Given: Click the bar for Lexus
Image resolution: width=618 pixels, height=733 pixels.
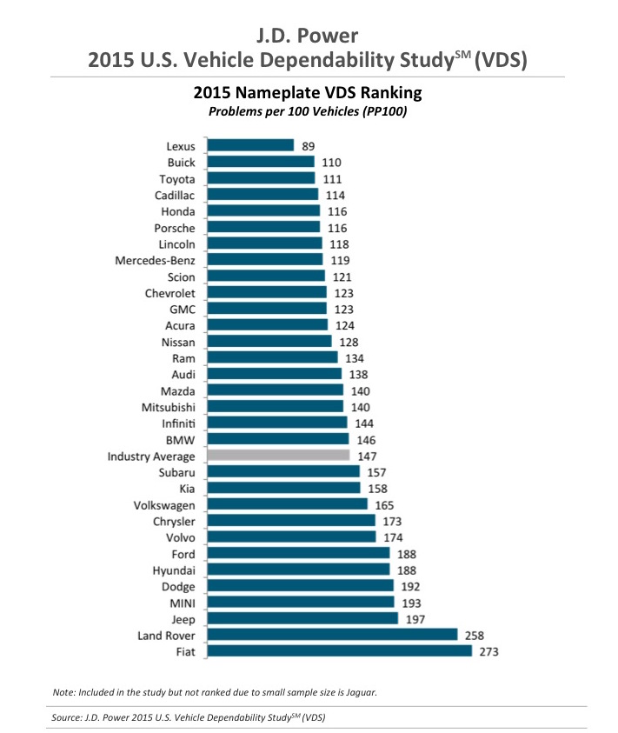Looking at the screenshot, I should click(250, 145).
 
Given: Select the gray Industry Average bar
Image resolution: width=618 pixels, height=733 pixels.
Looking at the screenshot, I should click(277, 455).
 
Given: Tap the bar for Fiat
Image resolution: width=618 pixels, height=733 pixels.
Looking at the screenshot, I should click(339, 650).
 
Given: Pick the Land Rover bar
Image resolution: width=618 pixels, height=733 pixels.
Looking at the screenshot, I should click(332, 634).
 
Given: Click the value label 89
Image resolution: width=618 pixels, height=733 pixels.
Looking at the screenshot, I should click(309, 145).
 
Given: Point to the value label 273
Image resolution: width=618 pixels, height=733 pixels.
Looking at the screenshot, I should click(488, 650).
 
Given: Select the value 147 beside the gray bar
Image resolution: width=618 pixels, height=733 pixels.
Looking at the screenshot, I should click(366, 455).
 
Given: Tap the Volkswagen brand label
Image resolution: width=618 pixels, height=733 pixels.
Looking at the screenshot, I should click(164, 504).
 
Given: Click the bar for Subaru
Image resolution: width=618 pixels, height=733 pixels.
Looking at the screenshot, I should click(282, 471).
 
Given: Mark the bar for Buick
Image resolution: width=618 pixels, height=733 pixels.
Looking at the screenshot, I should click(260, 162).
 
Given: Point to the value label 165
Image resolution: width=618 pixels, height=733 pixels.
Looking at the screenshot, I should click(385, 504).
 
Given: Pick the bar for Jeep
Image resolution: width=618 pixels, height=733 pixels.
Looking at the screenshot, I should click(302, 618).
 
